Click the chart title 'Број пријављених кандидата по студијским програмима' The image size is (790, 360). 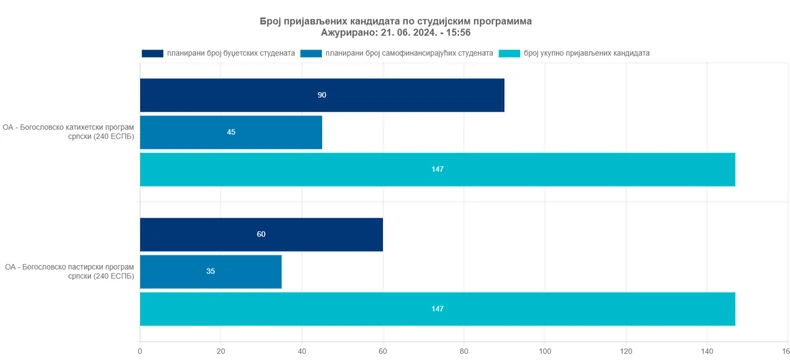tap(395, 20)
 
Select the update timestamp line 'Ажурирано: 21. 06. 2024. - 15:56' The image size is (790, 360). tap(395, 33)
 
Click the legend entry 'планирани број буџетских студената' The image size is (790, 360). tap(231, 53)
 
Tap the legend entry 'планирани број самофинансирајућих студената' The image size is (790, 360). tap(409, 53)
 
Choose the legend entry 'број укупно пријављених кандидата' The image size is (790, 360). tap(586, 53)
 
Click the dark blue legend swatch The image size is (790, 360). tap(152, 53)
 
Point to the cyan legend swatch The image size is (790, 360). tap(509, 53)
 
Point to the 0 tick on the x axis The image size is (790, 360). tap(140, 351)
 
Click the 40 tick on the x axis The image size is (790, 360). tap(302, 351)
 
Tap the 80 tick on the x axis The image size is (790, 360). tap(464, 351)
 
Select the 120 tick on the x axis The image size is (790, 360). tap(626, 351)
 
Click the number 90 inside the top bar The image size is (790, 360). tap(322, 95)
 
